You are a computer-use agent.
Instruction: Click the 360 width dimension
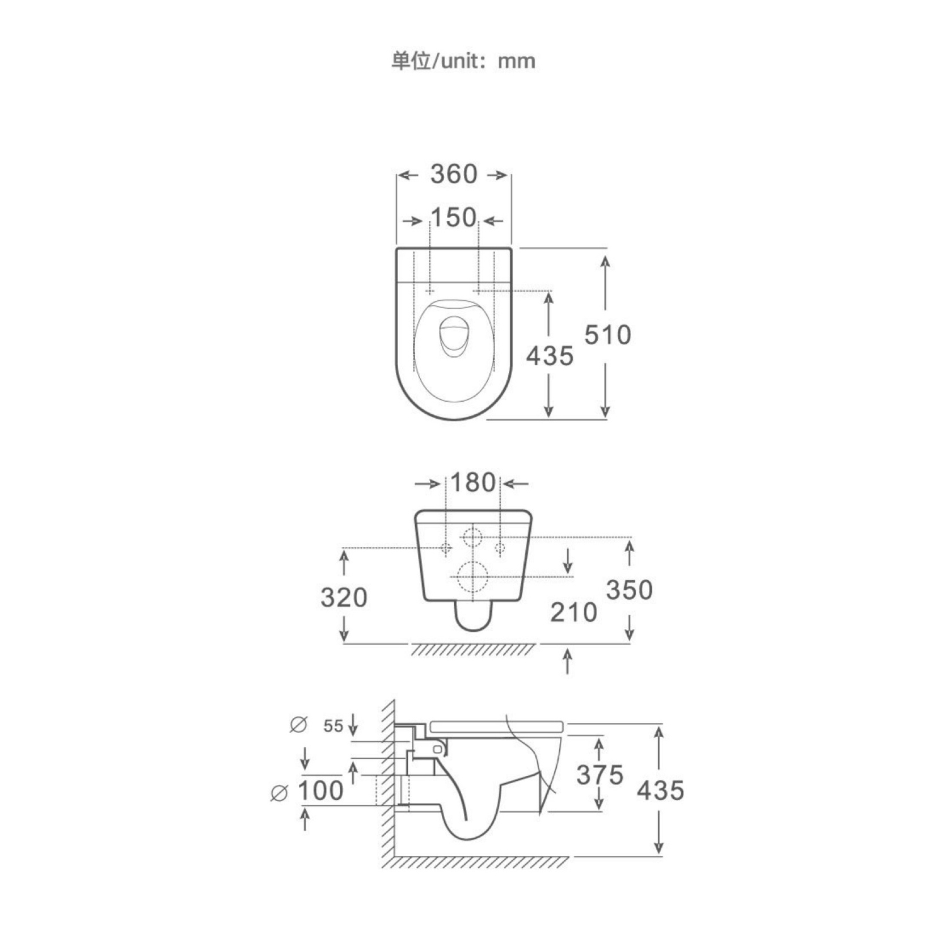click(x=454, y=174)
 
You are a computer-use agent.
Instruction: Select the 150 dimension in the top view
click(x=454, y=217)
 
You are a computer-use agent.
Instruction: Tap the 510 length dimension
click(x=607, y=335)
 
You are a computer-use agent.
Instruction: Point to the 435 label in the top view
click(x=550, y=356)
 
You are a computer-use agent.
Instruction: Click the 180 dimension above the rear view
click(x=473, y=482)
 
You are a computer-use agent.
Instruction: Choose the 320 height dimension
click(x=344, y=598)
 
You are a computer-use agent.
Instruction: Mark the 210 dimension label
click(x=573, y=612)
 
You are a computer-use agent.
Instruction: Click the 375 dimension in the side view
click(x=599, y=775)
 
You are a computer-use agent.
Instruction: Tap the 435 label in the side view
click(x=660, y=791)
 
